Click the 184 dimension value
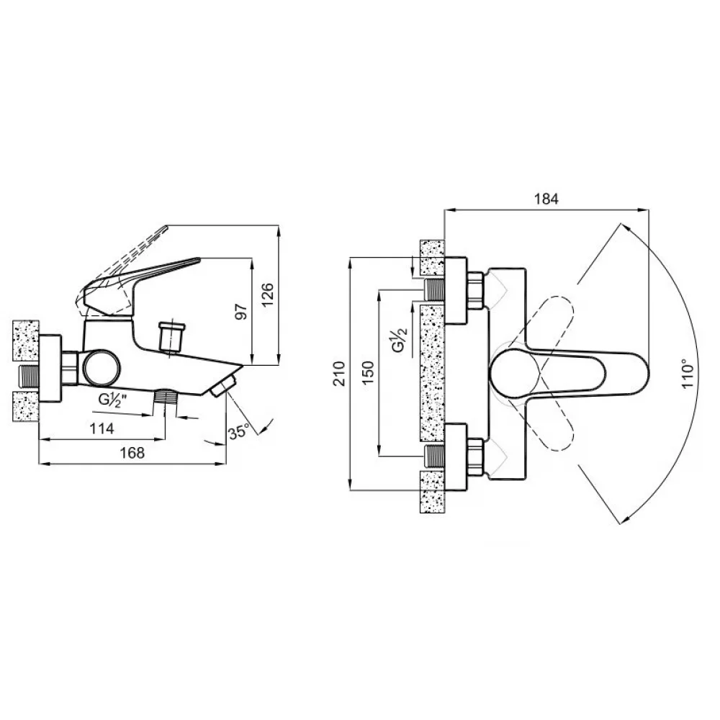tap(546, 199)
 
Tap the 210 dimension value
tap(339, 374)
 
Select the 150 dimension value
tap(368, 373)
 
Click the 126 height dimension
tap(267, 294)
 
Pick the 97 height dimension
tap(241, 312)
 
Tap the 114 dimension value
tap(102, 428)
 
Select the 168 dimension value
tap(132, 453)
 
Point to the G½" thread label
tap(112, 399)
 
